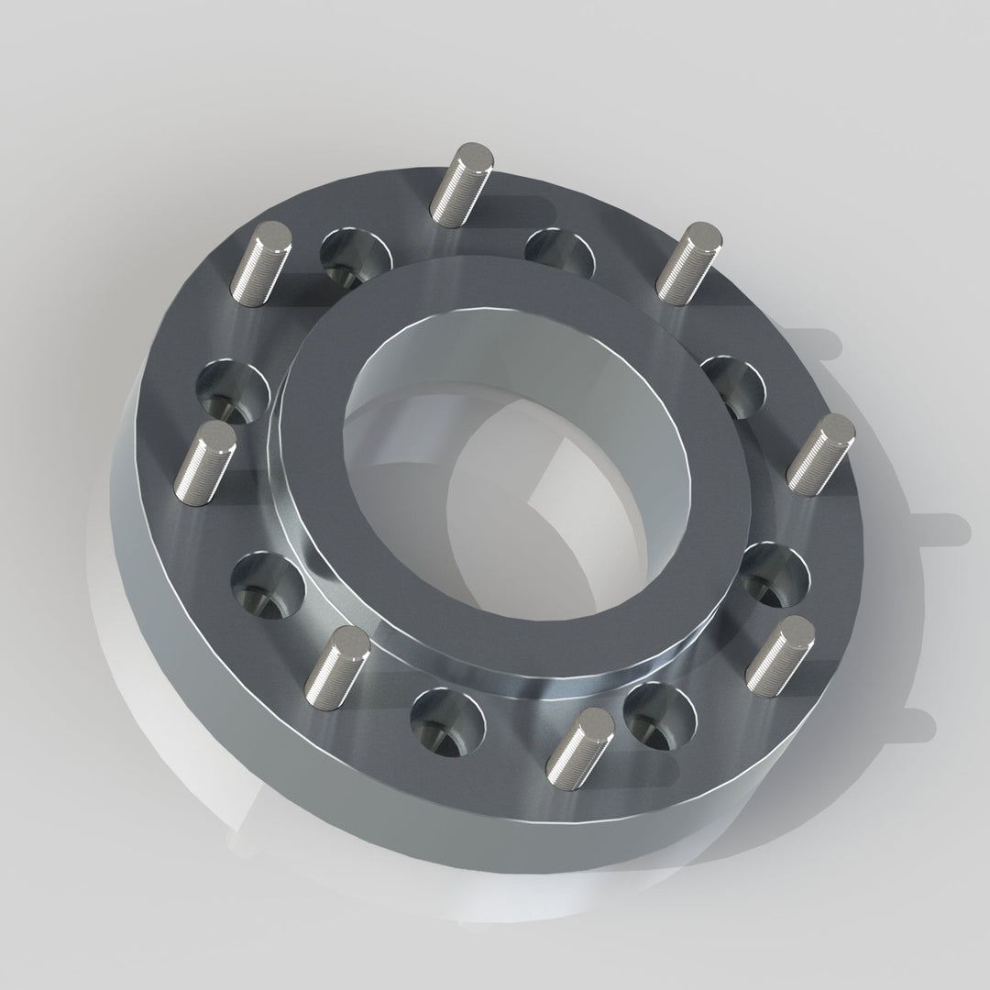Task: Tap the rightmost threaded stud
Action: pyautogui.click(x=820, y=455)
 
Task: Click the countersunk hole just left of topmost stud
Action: pyautogui.click(x=355, y=256)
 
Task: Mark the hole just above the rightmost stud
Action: pyautogui.click(x=733, y=385)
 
